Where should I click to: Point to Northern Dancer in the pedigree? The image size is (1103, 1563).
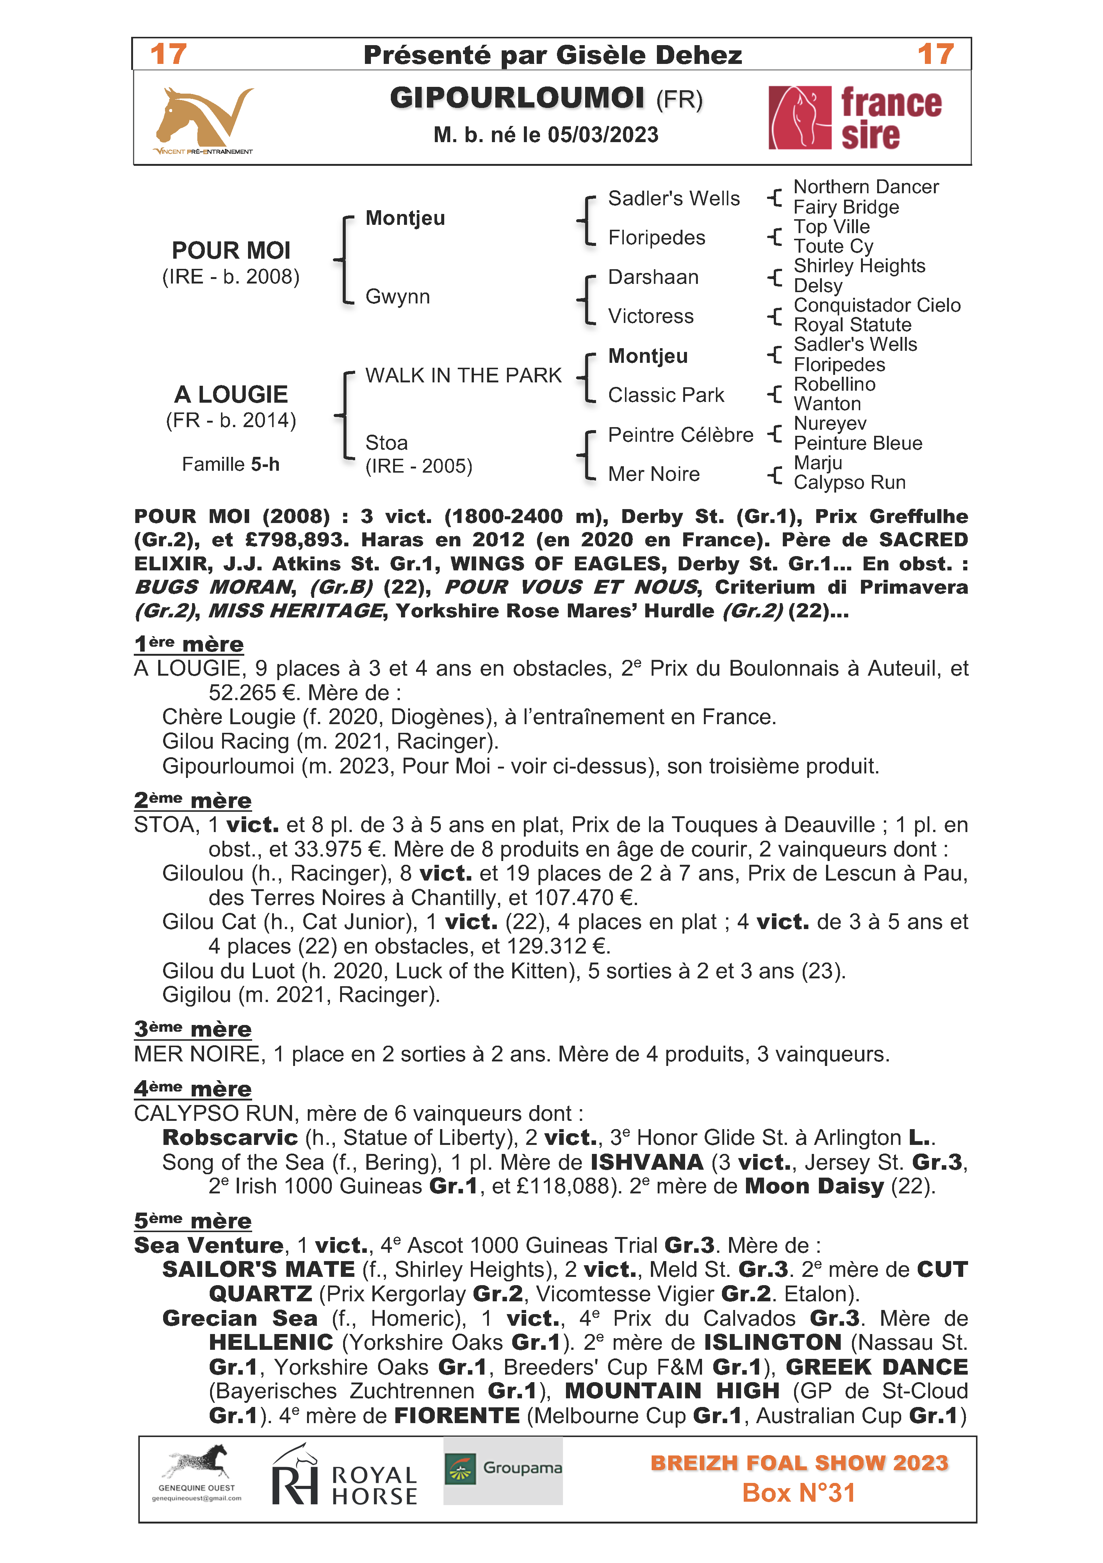pos(865,186)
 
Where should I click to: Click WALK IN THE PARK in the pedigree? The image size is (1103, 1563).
pos(463,375)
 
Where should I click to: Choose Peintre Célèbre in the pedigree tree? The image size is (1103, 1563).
pos(681,434)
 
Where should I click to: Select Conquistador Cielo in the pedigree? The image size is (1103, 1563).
pos(876,305)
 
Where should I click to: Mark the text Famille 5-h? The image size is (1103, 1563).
pos(231,464)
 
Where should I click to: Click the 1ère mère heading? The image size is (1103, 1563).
pos(189,643)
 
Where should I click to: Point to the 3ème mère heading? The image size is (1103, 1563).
pos(192,1029)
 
